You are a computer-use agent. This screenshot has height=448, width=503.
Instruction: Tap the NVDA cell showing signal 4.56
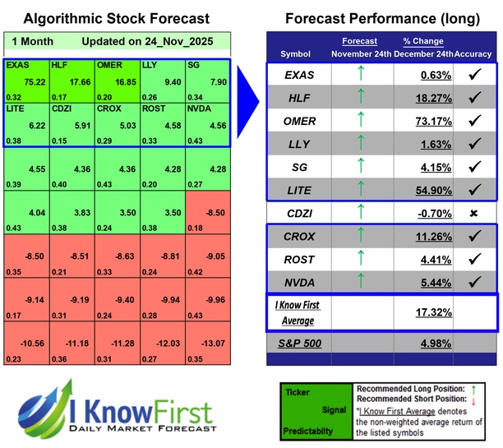tap(208, 124)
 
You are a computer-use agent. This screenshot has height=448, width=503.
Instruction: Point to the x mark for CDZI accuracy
tap(473, 214)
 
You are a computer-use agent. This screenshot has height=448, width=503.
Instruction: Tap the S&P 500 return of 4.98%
tap(433, 343)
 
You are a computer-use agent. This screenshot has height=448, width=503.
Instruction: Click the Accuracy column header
tap(473, 53)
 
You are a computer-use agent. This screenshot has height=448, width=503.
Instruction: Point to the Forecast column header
tap(360, 41)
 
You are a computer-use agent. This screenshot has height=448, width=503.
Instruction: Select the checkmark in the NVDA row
tap(473, 282)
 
